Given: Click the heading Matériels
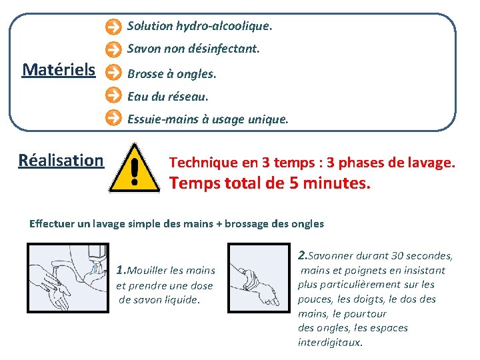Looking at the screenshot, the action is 59,69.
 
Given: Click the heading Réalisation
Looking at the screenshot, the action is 61,160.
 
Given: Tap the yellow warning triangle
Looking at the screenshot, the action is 135,168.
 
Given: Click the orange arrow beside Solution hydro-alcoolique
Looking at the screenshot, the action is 113,27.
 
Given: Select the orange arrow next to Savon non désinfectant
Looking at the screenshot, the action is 113,49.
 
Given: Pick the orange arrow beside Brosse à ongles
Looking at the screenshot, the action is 113,73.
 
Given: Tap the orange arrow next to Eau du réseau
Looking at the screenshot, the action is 113,95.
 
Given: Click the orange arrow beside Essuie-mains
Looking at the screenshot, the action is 113,117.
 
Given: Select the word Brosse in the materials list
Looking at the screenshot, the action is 145,74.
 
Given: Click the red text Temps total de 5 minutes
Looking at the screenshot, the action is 270,183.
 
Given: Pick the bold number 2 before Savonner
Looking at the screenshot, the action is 303,255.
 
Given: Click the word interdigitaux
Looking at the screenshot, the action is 330,342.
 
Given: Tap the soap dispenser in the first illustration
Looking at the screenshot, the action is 97,258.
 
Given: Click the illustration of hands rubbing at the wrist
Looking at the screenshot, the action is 259,278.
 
